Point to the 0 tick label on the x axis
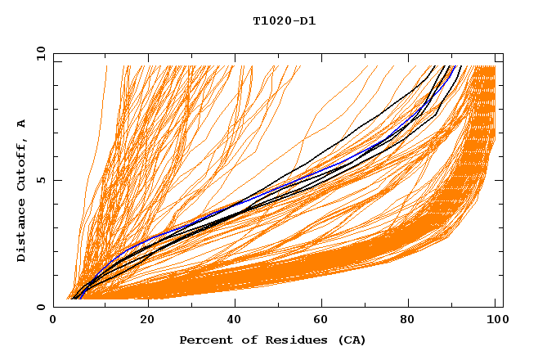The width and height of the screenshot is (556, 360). [54, 320]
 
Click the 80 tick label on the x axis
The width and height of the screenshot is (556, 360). [410, 320]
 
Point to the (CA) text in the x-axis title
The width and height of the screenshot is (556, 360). [352, 340]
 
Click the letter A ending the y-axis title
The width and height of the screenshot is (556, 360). [21, 124]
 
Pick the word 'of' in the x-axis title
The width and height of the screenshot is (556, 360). [245, 340]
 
